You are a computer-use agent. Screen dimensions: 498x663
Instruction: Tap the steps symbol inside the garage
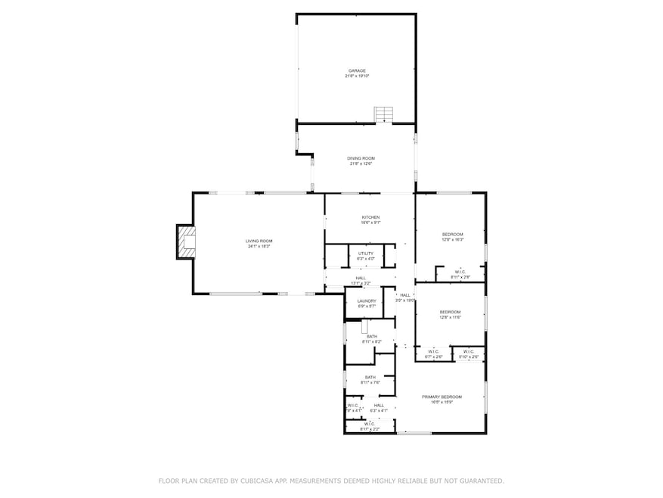384,114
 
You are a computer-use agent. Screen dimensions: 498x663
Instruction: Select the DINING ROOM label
361,158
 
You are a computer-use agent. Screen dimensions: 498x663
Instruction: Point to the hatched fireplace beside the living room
184,241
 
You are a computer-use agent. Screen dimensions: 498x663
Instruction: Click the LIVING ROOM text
258,241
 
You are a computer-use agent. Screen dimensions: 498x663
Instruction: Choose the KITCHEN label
370,217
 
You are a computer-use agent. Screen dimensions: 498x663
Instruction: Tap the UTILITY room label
366,253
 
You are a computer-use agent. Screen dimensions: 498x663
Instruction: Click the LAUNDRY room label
366,300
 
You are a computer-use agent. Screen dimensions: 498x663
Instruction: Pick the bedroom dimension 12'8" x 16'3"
452,239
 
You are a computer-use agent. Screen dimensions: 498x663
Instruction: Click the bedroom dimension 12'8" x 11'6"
451,317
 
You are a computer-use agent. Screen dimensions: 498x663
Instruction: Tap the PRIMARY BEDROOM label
451,397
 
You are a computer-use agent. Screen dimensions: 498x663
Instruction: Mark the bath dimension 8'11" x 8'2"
370,342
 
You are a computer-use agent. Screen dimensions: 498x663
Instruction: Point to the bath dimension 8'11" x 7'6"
370,382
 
